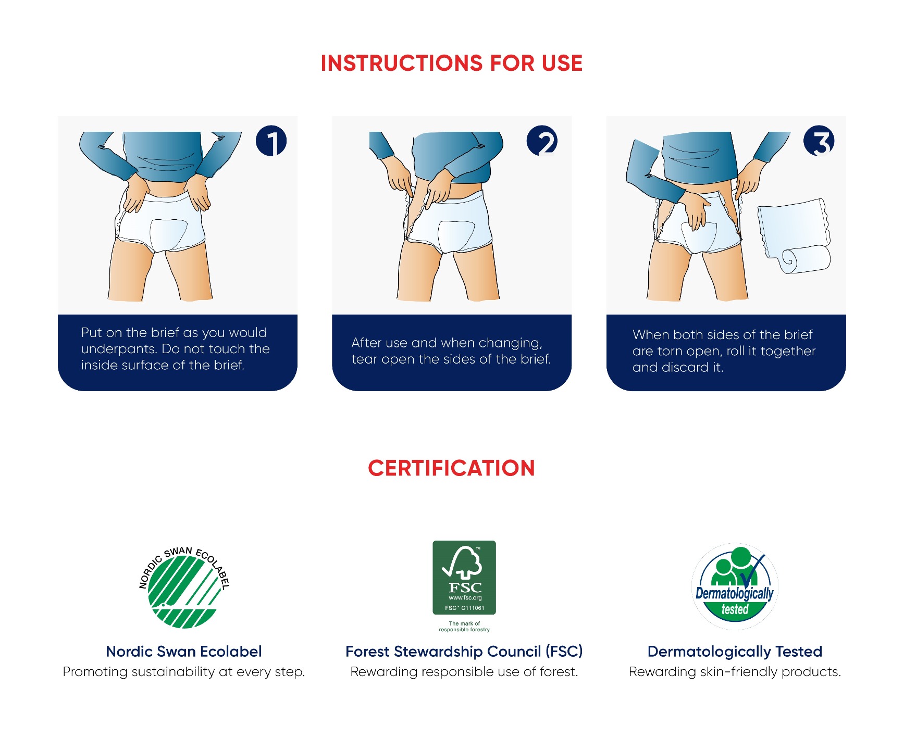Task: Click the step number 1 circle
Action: point(271,141)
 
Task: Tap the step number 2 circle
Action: point(542,141)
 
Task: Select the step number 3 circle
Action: point(819,141)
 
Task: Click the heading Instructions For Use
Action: point(452,63)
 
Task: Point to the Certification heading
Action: point(452,468)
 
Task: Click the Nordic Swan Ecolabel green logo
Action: point(183,588)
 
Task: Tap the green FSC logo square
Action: point(464,578)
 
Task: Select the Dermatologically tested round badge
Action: point(735,586)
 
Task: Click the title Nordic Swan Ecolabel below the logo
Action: point(184,652)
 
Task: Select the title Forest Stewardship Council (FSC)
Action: point(464,652)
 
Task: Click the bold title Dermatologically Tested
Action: point(735,652)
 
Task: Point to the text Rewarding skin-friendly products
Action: point(735,672)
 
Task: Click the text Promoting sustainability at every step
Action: point(184,672)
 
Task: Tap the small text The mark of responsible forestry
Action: point(464,627)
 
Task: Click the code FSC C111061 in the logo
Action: point(464,608)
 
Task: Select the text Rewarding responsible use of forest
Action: point(464,672)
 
